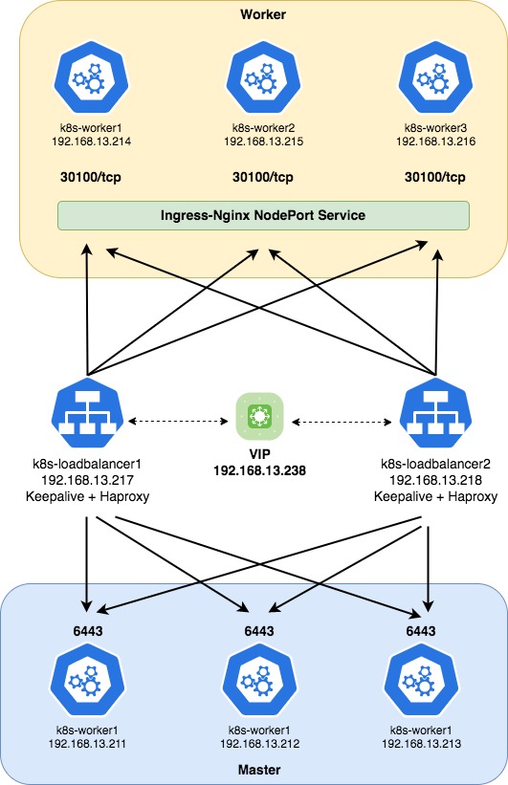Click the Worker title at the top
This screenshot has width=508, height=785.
tap(263, 14)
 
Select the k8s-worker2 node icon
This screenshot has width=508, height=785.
tap(263, 77)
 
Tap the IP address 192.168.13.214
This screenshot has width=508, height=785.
tap(91, 142)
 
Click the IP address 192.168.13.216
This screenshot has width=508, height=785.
tap(436, 142)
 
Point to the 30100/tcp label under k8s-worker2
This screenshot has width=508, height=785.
tap(263, 177)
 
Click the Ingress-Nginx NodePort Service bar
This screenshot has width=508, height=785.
tap(263, 216)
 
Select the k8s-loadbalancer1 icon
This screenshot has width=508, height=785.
tap(88, 413)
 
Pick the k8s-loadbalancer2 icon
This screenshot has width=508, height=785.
tap(436, 413)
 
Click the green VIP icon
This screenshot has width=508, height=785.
tap(259, 416)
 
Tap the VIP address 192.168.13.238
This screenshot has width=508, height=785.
tap(259, 470)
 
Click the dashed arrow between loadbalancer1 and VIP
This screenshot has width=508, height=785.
tap(178, 422)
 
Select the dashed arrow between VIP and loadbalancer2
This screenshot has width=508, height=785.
tap(342, 422)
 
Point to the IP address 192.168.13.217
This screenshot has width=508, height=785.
tap(88, 480)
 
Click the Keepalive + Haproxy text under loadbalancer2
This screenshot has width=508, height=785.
tap(436, 496)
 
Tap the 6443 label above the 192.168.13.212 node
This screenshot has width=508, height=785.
tap(259, 631)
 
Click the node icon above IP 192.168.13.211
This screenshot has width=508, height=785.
tap(88, 680)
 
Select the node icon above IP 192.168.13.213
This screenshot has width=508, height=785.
tap(421, 680)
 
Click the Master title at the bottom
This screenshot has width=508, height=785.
tap(259, 770)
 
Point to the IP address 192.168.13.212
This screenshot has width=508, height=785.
tap(259, 744)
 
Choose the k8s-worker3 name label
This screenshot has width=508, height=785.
tap(436, 128)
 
